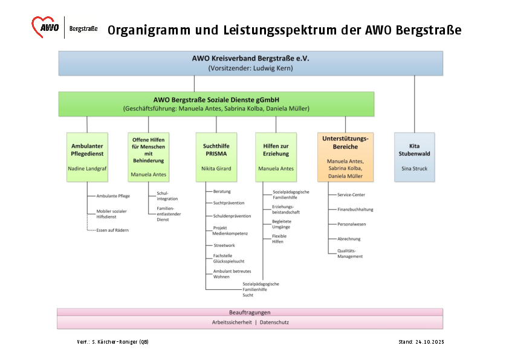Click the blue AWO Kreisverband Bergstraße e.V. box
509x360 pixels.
(250, 63)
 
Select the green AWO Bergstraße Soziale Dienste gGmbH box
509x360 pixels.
(216, 103)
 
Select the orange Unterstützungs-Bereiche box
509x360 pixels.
(345, 157)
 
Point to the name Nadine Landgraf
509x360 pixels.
(87, 169)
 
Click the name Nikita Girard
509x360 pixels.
(216, 169)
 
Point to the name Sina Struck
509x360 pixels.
(414, 169)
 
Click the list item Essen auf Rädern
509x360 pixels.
(112, 231)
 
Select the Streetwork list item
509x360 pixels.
(224, 245)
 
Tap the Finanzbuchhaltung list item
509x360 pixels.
(355, 209)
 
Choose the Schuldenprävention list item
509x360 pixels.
(232, 216)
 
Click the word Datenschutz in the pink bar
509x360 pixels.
(274, 322)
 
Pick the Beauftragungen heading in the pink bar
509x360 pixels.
(250, 312)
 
